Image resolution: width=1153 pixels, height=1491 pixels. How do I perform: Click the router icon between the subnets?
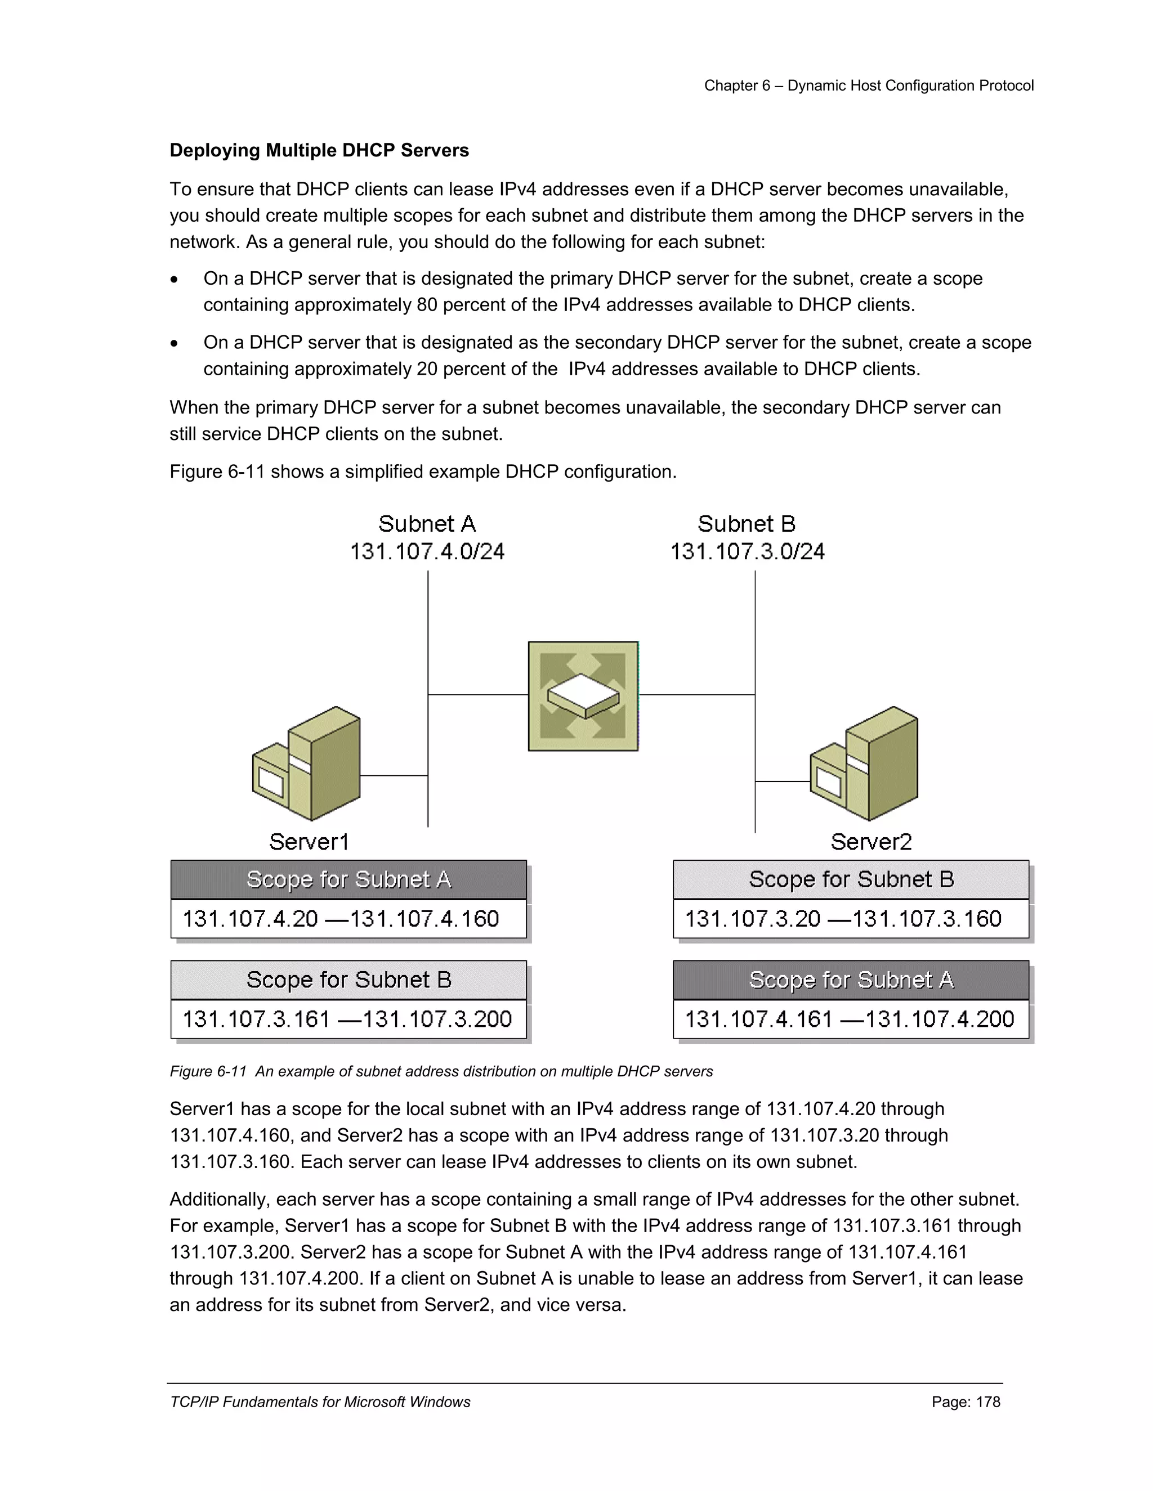[583, 695]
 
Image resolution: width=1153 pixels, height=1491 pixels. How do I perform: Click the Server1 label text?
[309, 842]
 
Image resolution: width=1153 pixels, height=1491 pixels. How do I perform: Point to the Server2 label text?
[871, 842]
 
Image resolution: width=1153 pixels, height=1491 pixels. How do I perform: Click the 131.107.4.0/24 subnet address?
[427, 551]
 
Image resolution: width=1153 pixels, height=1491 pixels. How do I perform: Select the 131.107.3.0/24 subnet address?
[747, 551]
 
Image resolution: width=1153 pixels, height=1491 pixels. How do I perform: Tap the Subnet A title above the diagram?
[427, 524]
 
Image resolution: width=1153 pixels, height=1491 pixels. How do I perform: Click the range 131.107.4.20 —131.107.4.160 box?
[348, 919]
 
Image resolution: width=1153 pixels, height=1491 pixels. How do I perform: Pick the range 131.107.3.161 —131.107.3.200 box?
[348, 1020]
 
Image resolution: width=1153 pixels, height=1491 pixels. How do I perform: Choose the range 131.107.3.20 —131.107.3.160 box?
[851, 919]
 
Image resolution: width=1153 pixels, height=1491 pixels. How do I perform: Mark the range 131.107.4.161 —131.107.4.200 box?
[851, 1020]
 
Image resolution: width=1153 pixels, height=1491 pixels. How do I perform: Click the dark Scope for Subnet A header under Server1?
[348, 879]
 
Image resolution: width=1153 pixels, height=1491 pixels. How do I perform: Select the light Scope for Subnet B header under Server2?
[851, 879]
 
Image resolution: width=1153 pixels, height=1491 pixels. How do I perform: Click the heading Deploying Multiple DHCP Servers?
[319, 150]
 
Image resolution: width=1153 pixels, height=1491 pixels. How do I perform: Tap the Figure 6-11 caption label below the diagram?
[208, 1072]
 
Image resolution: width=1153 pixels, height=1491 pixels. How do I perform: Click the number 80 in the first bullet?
[427, 304]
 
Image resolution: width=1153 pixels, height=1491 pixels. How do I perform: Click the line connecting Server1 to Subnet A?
[394, 775]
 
